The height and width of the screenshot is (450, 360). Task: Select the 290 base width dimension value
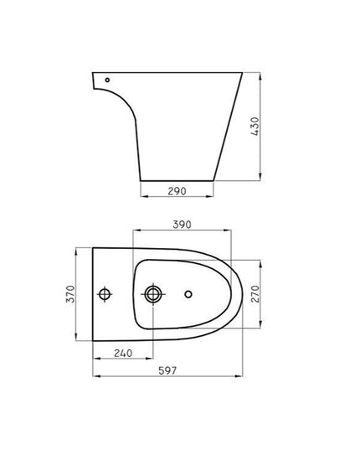(x=177, y=191)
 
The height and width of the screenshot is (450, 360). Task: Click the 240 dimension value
(x=123, y=354)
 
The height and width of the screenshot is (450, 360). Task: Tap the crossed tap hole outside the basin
(x=105, y=294)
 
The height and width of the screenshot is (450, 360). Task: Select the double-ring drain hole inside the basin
(x=153, y=294)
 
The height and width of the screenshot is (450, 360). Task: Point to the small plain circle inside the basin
(x=188, y=294)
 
